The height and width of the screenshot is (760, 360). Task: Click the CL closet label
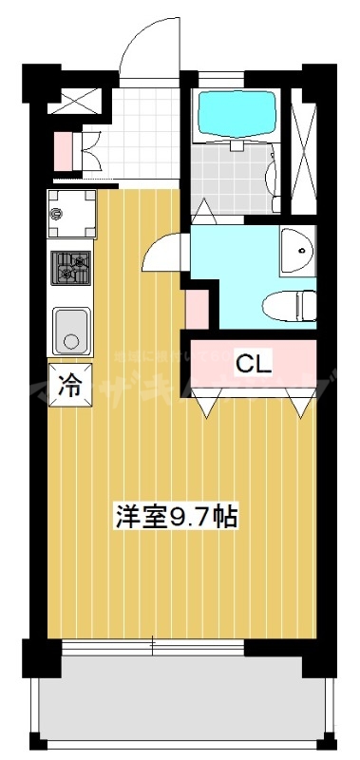coord(254,362)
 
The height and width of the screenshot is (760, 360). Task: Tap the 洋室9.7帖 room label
coord(176,517)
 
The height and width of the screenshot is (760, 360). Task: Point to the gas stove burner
coord(71,268)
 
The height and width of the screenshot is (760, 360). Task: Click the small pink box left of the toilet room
coord(198,308)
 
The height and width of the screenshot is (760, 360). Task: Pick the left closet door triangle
coord(207,406)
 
